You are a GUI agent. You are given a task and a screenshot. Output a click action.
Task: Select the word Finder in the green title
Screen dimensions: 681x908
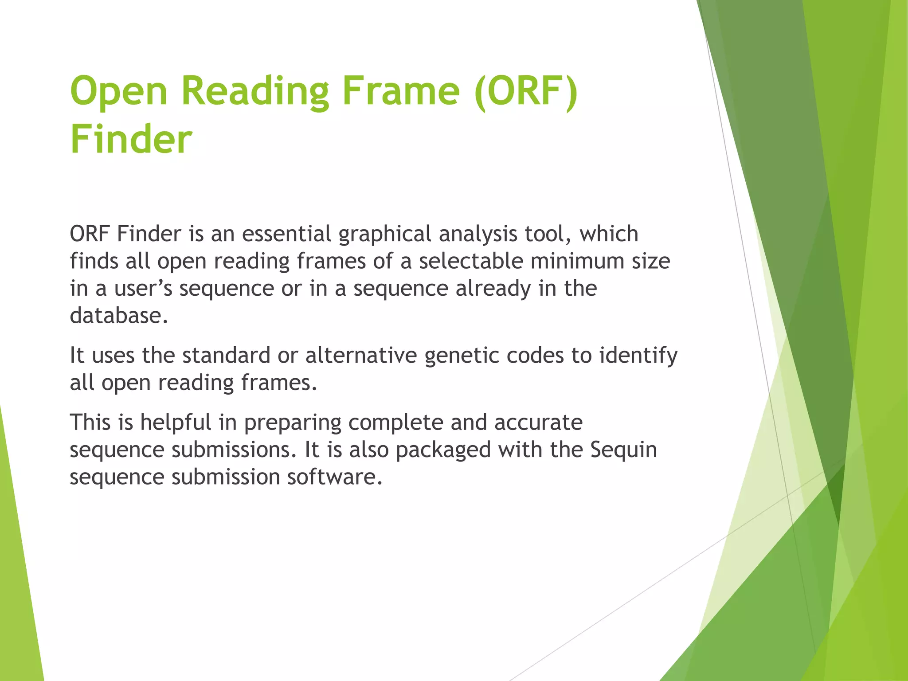[x=131, y=139]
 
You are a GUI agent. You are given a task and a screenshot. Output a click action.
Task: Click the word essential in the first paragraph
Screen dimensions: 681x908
[x=286, y=234]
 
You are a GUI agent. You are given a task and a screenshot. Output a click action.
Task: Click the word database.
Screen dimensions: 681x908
[x=119, y=316]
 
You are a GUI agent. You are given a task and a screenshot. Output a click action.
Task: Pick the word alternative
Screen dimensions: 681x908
[x=361, y=355]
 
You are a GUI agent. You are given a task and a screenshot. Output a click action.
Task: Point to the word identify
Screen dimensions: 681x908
[x=638, y=356]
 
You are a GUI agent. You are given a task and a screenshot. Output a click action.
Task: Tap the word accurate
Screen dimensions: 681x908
[x=538, y=422]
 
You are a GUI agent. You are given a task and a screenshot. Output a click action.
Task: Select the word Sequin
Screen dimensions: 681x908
[x=623, y=450]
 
